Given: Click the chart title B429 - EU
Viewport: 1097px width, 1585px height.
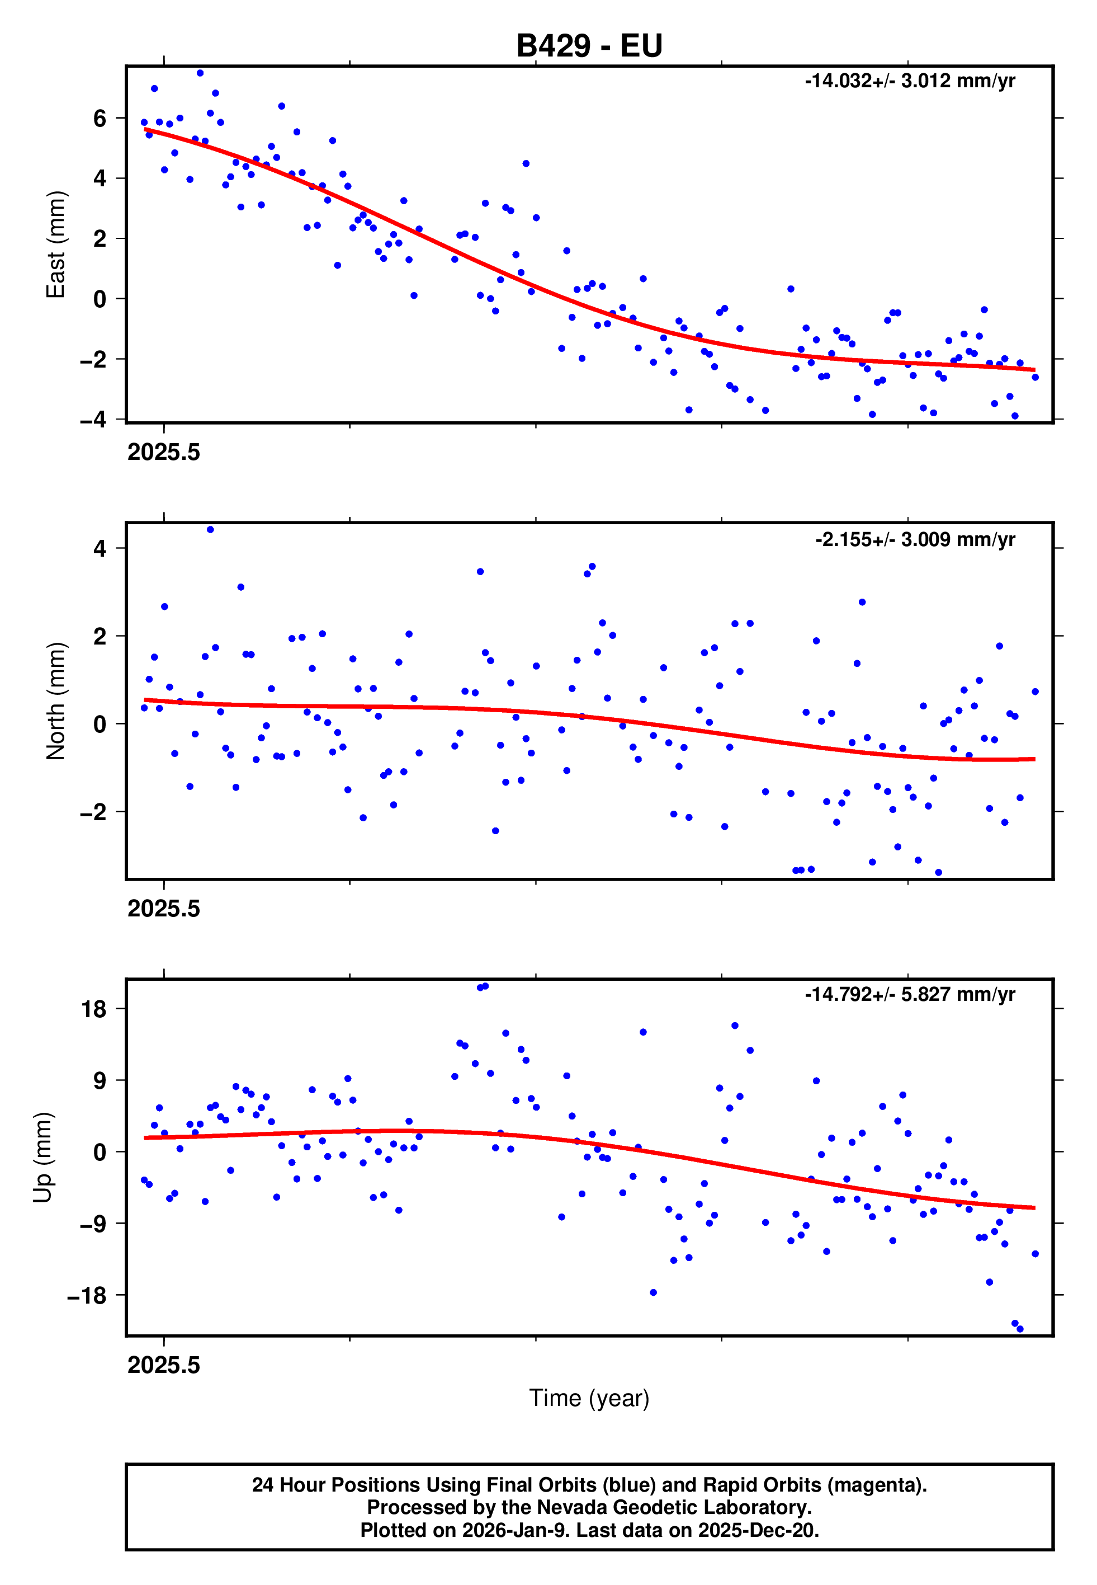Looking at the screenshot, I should pyautogui.click(x=589, y=46).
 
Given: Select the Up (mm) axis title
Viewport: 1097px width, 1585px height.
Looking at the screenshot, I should pyautogui.click(x=42, y=1158).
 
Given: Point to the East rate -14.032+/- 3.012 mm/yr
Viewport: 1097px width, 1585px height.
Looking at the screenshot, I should pyautogui.click(x=909, y=81).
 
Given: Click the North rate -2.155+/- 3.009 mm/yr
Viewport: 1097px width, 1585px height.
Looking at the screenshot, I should pyautogui.click(x=915, y=539).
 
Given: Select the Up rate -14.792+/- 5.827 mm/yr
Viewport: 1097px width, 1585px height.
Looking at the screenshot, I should pyautogui.click(x=909, y=994).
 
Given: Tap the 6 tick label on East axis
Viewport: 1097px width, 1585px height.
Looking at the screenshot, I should pyautogui.click(x=100, y=118).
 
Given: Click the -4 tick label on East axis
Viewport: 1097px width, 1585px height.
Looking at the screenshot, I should pyautogui.click(x=93, y=419).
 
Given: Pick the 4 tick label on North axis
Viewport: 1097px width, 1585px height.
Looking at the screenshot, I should pyautogui.click(x=100, y=548).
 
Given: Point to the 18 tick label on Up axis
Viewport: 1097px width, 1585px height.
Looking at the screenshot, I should pyautogui.click(x=94, y=1009).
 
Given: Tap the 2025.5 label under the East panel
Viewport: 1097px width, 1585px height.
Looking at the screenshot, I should pyautogui.click(x=164, y=453).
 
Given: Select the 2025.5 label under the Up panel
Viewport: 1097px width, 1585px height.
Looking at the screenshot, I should pyautogui.click(x=164, y=1365).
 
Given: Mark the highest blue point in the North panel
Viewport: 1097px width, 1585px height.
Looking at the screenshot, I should pyautogui.click(x=210, y=529).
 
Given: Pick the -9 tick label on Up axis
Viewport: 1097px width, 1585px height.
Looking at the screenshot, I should pyautogui.click(x=93, y=1224).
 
